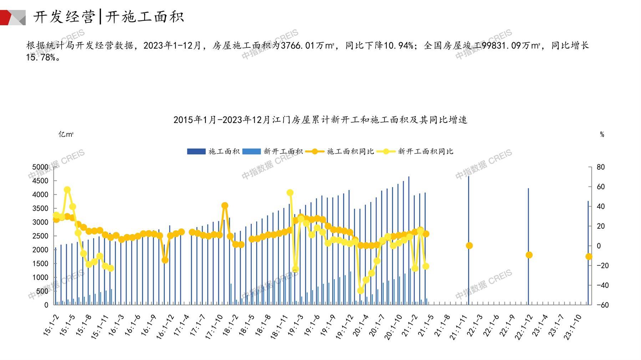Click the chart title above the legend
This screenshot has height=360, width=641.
point(320,120)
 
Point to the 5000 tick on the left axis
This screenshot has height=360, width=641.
point(40,167)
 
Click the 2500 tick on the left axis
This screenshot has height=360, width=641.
point(40,236)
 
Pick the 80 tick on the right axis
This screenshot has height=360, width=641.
point(600,167)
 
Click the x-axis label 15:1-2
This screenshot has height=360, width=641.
point(51,325)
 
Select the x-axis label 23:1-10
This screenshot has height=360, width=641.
point(573,327)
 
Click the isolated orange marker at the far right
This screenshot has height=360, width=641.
point(589,257)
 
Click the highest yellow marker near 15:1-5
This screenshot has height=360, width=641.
point(67,190)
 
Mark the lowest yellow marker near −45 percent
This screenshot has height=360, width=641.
point(361,290)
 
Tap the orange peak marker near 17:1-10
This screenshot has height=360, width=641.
point(225,206)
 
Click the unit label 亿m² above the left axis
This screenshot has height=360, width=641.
point(66,134)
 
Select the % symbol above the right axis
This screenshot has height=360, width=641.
point(602,135)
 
